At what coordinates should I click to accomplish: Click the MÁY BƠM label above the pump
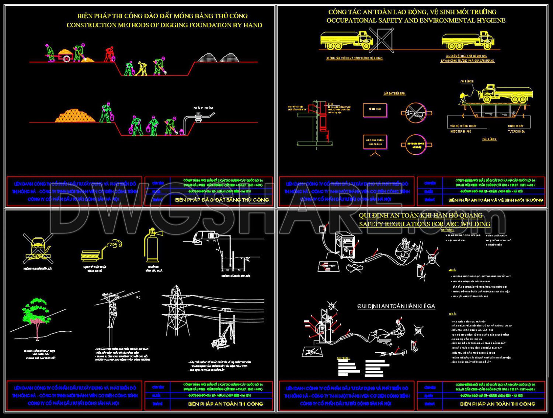(x=203, y=108)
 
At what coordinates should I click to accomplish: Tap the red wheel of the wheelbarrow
(x=66, y=58)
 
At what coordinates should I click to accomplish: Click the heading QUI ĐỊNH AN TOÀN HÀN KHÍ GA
(x=396, y=306)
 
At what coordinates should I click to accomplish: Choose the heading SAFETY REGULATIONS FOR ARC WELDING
(x=424, y=224)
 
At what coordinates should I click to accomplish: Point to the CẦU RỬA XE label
(x=489, y=139)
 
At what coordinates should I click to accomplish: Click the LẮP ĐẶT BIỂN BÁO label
(x=394, y=93)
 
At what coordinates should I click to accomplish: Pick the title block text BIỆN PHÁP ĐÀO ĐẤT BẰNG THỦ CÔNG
(x=222, y=200)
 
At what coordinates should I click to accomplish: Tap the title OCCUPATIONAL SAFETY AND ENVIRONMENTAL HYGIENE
(x=415, y=20)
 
